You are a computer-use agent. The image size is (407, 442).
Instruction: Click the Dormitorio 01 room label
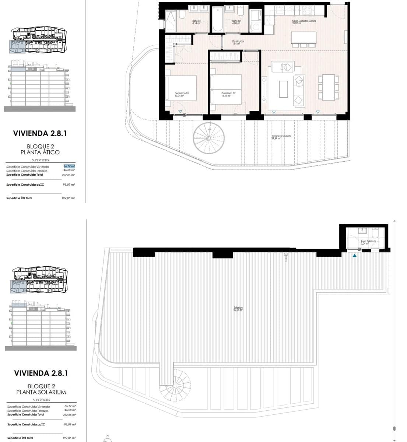(x=182, y=94)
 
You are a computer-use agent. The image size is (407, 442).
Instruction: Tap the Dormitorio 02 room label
(x=228, y=94)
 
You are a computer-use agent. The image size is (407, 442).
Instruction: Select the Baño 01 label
(x=196, y=22)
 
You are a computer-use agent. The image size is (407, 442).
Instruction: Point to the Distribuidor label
(x=238, y=42)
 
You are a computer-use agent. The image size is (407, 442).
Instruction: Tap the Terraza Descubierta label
(x=281, y=137)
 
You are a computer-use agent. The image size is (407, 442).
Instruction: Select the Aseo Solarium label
(x=368, y=242)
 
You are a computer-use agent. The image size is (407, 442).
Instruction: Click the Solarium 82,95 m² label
(x=238, y=309)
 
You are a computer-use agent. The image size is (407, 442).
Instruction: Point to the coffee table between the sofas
(x=283, y=89)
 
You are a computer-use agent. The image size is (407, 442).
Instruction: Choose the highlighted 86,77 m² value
(x=69, y=166)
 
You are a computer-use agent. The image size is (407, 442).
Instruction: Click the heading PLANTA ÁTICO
(x=40, y=152)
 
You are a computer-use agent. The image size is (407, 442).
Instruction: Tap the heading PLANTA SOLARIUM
(x=41, y=392)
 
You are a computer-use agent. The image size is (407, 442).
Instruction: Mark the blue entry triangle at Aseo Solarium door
(x=354, y=255)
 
